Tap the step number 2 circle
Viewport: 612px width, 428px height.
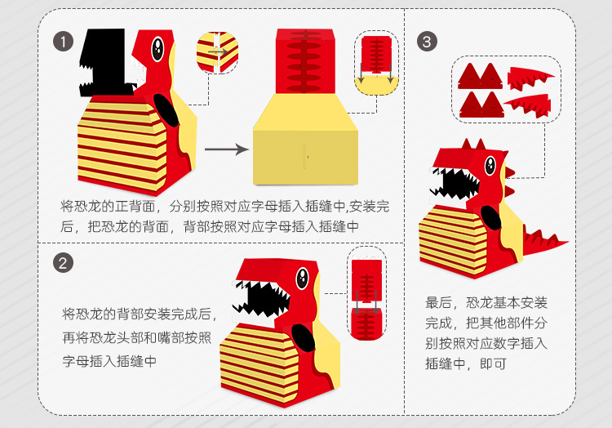click(x=62, y=263)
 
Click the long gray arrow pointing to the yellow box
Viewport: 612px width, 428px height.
click(x=225, y=149)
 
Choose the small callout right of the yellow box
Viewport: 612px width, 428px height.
click(x=377, y=62)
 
